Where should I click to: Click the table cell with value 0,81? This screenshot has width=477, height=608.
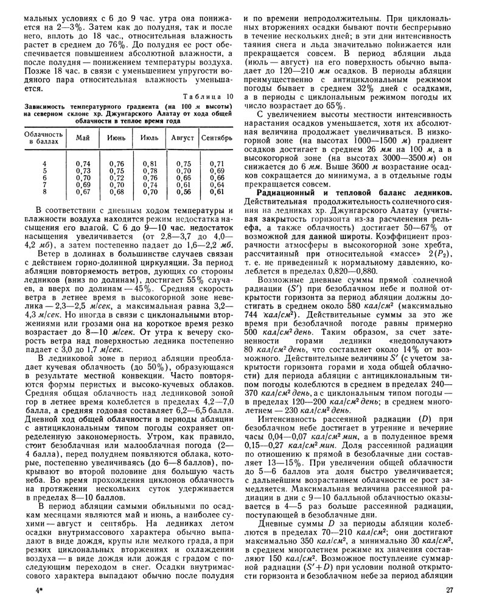point(150,164)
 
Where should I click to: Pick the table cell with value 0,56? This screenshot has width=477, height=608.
point(183,192)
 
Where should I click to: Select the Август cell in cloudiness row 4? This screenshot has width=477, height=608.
point(183,164)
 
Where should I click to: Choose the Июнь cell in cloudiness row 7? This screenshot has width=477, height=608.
point(116,185)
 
